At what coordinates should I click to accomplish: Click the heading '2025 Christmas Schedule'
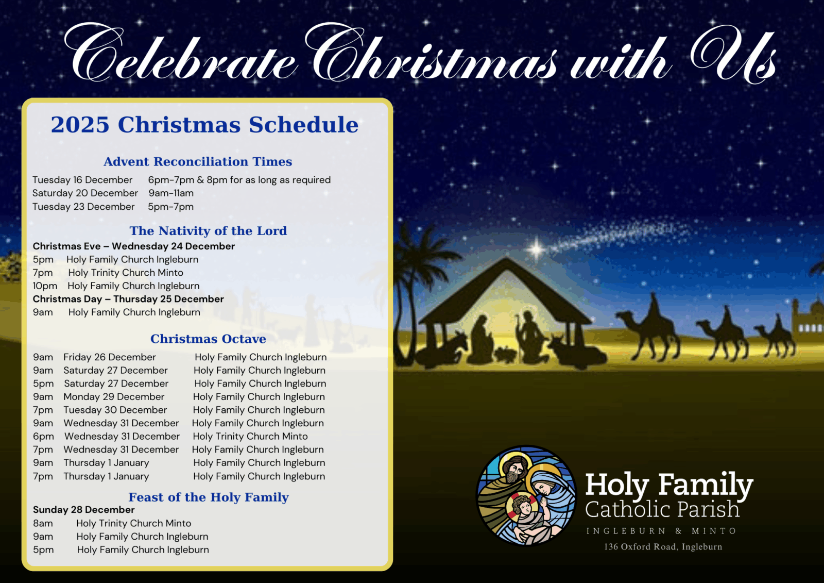click(204, 124)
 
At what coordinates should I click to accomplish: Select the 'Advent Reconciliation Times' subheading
click(198, 161)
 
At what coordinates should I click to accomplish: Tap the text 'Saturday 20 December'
click(85, 193)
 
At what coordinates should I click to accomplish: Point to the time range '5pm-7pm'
click(170, 207)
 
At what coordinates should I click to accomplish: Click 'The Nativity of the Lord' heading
click(208, 230)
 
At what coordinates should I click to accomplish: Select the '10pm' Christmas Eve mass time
click(45, 286)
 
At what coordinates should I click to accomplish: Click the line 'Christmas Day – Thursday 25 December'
click(128, 298)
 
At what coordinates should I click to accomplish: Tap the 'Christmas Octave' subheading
click(208, 339)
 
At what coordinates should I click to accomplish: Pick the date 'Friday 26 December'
click(110, 357)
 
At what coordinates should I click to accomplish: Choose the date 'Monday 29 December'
click(114, 396)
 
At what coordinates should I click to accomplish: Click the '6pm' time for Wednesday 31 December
click(43, 437)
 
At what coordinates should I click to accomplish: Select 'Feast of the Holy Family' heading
click(208, 497)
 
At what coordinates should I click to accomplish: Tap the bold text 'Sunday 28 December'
click(83, 510)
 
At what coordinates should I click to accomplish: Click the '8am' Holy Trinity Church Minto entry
click(43, 523)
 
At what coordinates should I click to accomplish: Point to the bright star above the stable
click(536, 249)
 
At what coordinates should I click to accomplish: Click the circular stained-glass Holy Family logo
click(526, 496)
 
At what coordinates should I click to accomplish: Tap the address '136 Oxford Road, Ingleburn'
click(663, 547)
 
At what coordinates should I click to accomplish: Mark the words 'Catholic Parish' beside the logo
click(662, 509)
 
